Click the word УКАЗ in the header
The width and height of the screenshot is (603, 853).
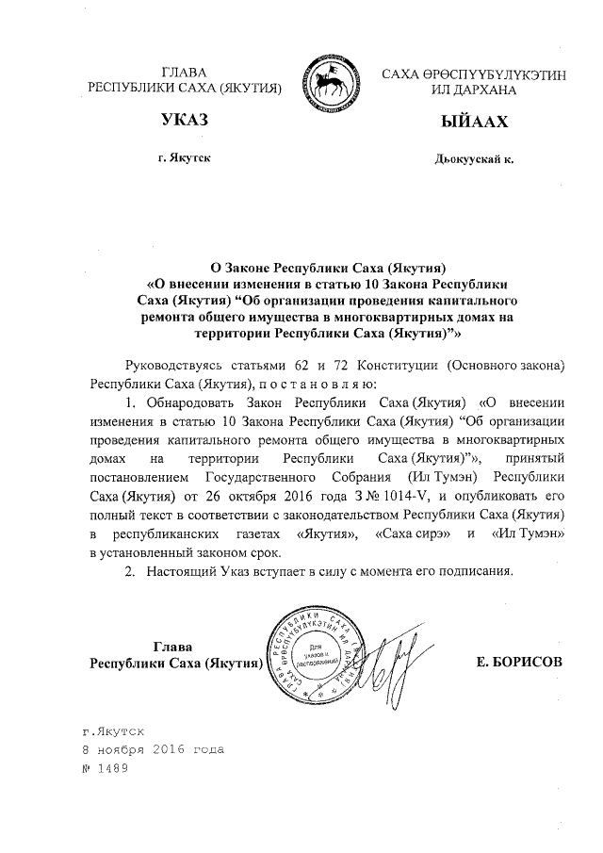point(184,122)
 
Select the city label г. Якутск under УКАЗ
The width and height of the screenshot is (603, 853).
point(184,157)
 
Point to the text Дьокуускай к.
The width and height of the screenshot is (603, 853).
point(474,158)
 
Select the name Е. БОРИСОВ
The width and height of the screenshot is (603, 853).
point(520,663)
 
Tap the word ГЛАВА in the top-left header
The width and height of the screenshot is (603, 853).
point(184,72)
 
